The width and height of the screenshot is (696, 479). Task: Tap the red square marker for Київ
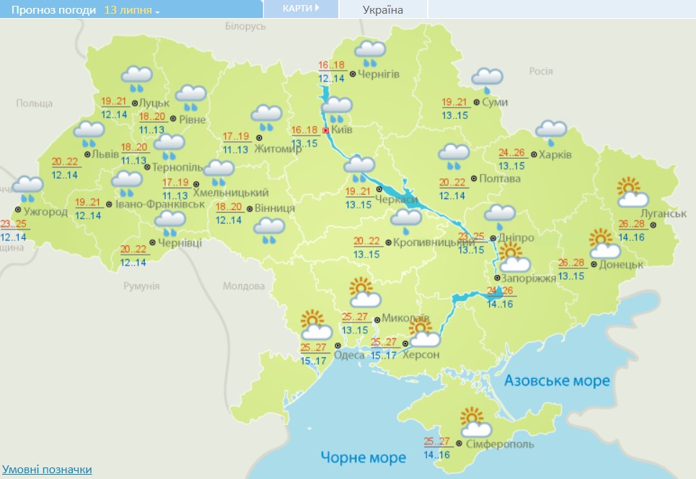tap(326, 131)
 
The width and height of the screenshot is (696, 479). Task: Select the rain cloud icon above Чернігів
tap(371, 51)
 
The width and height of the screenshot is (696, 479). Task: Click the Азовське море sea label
tap(557, 380)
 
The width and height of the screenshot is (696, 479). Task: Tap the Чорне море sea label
tap(364, 457)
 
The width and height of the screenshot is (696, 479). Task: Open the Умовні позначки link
tap(47, 470)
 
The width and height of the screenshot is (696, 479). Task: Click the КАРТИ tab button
tap(300, 8)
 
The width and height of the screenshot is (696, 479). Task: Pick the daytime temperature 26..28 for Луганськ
tap(631, 224)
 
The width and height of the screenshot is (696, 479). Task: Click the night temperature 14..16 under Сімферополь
tap(438, 454)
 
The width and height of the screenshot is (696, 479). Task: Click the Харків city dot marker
tap(533, 154)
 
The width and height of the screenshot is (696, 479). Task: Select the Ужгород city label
tap(45, 212)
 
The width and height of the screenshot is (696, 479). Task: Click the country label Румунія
tap(141, 286)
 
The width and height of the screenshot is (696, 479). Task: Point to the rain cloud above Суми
tap(487, 78)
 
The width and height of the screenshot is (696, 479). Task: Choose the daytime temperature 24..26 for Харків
tap(512, 153)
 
